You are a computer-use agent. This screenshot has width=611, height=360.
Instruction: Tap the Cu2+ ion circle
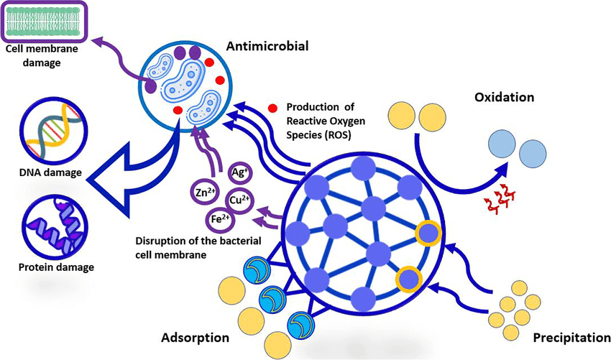click(239, 199)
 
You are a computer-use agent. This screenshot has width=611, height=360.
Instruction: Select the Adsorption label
click(196, 337)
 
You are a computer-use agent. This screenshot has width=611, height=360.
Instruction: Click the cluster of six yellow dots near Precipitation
click(515, 310)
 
